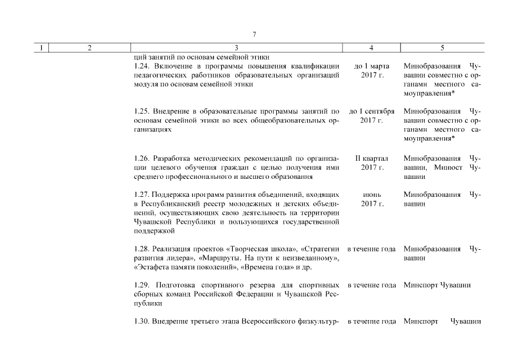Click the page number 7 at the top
(254, 35)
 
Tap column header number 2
(89, 48)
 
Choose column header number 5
(442, 48)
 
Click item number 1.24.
(143, 66)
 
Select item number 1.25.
(143, 111)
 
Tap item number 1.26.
(143, 159)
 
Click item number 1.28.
(143, 249)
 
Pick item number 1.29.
(143, 285)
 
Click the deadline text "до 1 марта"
(372, 66)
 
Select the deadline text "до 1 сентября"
(372, 111)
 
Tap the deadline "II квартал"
(372, 159)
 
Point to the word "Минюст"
(448, 168)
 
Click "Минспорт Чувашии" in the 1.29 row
(437, 285)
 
